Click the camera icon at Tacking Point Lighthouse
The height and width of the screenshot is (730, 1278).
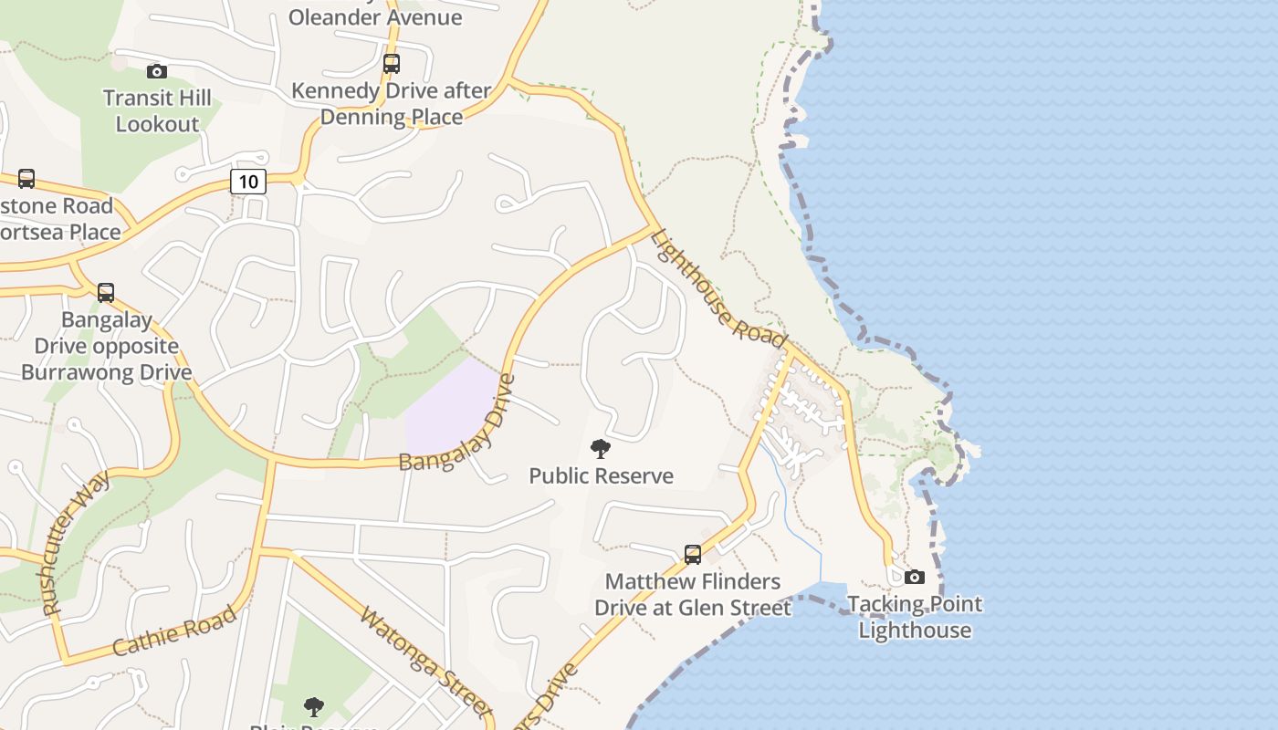click(x=914, y=577)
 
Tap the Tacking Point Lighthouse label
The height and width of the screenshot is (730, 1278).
click(x=915, y=617)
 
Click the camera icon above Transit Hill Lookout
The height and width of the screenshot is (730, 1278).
click(x=157, y=71)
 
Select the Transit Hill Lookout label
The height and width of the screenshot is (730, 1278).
click(x=157, y=110)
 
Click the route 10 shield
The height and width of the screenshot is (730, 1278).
click(x=248, y=181)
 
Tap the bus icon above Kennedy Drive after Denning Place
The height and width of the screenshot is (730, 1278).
click(x=392, y=64)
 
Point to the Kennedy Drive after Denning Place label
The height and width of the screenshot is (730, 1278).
click(x=392, y=104)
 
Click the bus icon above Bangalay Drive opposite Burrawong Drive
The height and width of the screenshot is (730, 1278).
click(x=106, y=293)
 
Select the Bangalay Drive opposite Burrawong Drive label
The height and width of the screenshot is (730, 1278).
click(x=107, y=346)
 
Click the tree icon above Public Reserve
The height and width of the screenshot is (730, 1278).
click(x=601, y=448)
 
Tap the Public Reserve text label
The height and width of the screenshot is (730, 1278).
click(x=602, y=475)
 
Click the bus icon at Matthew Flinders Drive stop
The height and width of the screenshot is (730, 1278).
click(x=693, y=554)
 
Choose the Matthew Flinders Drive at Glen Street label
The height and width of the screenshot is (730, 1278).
click(x=693, y=594)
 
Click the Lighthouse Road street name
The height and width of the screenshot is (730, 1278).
click(x=718, y=288)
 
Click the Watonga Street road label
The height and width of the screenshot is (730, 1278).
click(x=425, y=662)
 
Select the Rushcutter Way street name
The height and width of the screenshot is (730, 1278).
click(x=75, y=542)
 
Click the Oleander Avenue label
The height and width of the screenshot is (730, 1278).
click(x=375, y=16)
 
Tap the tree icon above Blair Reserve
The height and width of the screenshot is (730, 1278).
click(x=314, y=706)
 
